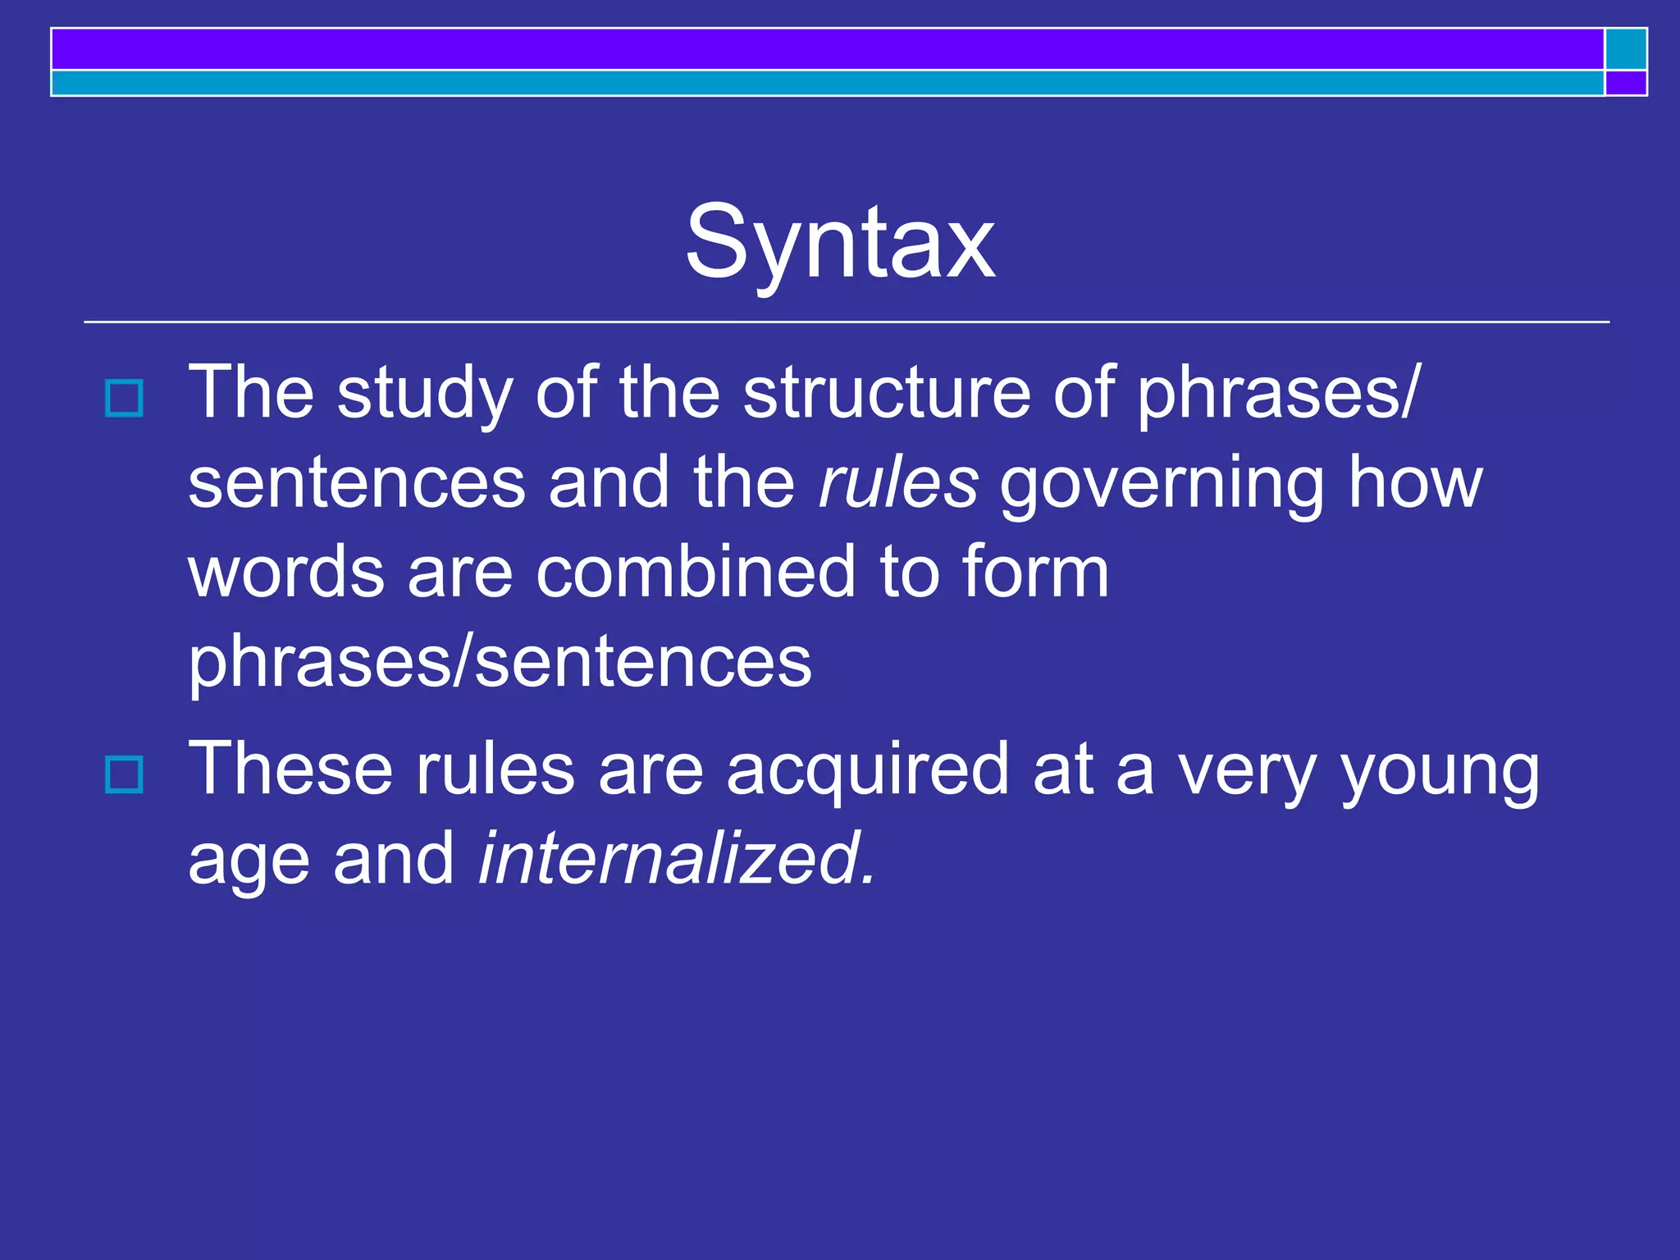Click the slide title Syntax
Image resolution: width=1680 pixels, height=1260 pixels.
[x=840, y=243]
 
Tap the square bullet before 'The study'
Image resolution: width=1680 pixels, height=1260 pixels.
[x=125, y=399]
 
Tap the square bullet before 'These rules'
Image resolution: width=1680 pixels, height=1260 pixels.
[x=125, y=774]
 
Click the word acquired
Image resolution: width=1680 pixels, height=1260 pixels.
[x=868, y=771]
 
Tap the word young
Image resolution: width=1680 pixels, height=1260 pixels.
[x=1440, y=771]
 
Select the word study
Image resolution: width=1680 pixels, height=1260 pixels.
[x=424, y=394]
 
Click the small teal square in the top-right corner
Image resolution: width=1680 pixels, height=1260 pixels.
[x=1625, y=49]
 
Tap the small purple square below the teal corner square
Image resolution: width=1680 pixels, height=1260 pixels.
[x=1625, y=83]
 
